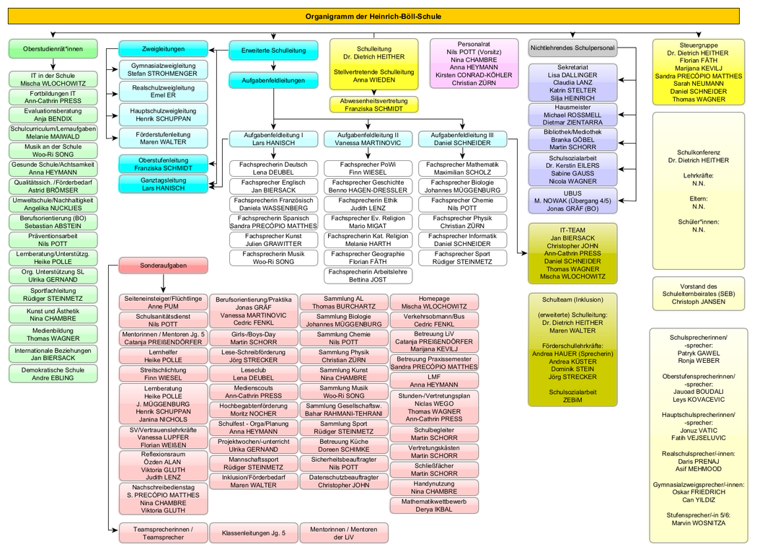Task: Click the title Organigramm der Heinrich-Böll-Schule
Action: [x=373, y=16]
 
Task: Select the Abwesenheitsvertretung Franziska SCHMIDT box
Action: [x=373, y=103]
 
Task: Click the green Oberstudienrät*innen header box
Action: [x=53, y=49]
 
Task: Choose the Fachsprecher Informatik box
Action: [x=461, y=240]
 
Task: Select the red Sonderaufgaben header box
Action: [x=163, y=266]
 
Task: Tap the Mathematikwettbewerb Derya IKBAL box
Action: [x=434, y=504]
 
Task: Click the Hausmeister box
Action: [x=572, y=114]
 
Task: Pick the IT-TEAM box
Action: [x=574, y=253]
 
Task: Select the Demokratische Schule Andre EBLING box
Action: [x=53, y=373]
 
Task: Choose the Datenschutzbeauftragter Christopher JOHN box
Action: [x=343, y=481]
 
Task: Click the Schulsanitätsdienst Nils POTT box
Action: [x=163, y=320]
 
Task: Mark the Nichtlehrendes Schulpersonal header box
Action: [x=572, y=48]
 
